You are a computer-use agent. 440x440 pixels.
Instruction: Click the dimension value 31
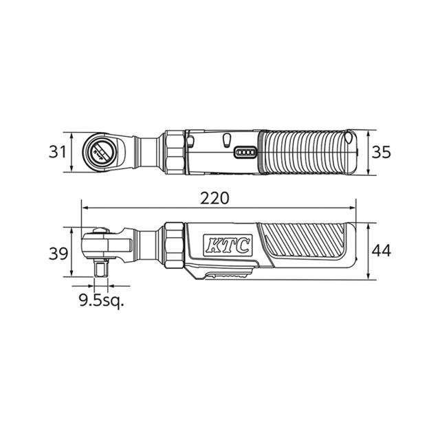tap(57, 152)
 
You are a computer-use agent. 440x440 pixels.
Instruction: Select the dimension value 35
tap(381, 153)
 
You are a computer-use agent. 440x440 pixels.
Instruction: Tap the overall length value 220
tap(214, 198)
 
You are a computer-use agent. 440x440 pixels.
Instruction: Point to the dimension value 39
tap(58, 254)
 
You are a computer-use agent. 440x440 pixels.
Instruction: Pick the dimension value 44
tap(381, 251)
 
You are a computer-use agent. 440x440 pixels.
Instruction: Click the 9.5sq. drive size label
tap(101, 301)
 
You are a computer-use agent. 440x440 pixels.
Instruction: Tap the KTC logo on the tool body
tap(227, 245)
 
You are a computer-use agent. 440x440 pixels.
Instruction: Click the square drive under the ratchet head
tap(101, 267)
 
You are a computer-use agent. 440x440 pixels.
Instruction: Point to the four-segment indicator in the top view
tap(245, 153)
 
